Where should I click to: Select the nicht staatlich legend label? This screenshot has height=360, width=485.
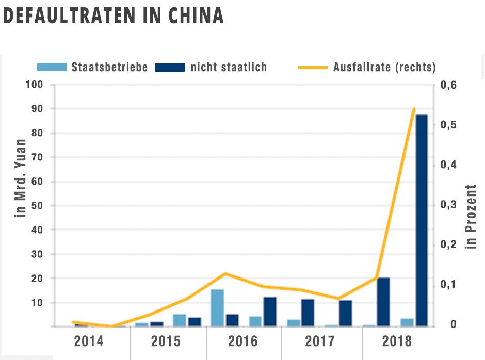click(x=229, y=67)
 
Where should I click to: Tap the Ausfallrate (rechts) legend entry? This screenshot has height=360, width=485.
click(x=384, y=67)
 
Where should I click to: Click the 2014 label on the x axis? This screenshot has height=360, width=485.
click(x=89, y=341)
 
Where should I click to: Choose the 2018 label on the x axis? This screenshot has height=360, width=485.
click(x=397, y=341)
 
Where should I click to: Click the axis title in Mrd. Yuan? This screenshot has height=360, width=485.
click(x=21, y=178)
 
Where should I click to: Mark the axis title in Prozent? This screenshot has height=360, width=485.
click(x=471, y=217)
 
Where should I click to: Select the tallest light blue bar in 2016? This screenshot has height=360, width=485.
click(x=217, y=307)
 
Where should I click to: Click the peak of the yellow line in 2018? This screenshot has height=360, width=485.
click(x=414, y=109)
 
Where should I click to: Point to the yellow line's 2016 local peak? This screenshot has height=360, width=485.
click(x=225, y=273)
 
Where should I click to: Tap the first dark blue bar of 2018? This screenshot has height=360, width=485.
click(x=383, y=302)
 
